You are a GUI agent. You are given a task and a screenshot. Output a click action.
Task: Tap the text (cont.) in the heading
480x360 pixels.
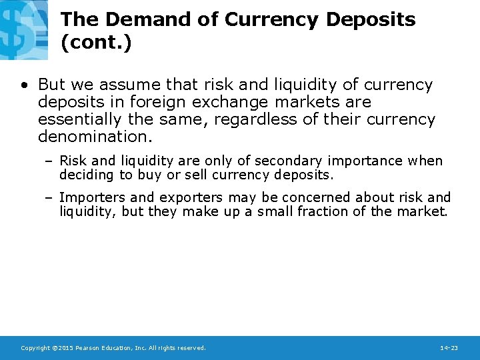97,43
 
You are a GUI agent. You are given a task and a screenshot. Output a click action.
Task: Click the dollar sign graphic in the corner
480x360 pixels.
24,29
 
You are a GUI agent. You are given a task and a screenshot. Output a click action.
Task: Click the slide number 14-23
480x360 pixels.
449,348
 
